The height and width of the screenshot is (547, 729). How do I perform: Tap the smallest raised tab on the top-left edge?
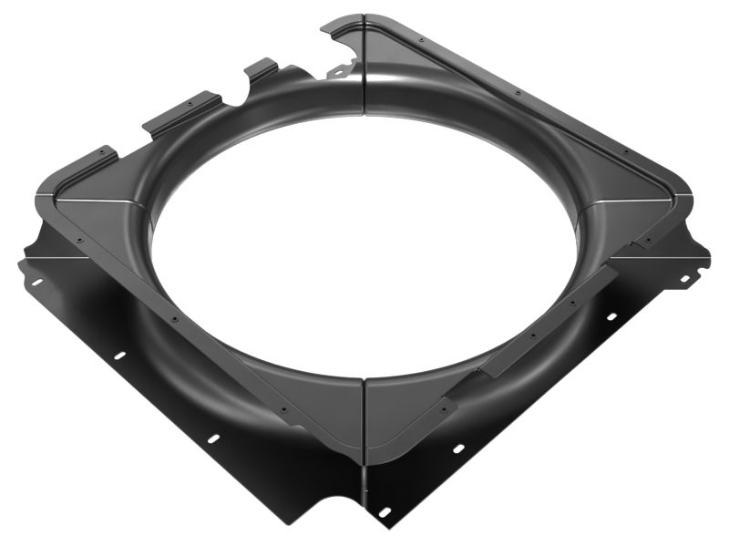coord(262,68)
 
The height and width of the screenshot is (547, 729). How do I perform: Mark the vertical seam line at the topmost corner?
coord(364,55)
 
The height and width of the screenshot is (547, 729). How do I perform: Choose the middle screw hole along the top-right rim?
coord(517,93)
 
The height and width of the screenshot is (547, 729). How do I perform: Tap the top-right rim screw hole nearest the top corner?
coord(421,40)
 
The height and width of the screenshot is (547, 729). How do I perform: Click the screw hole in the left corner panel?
coord(79,240)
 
